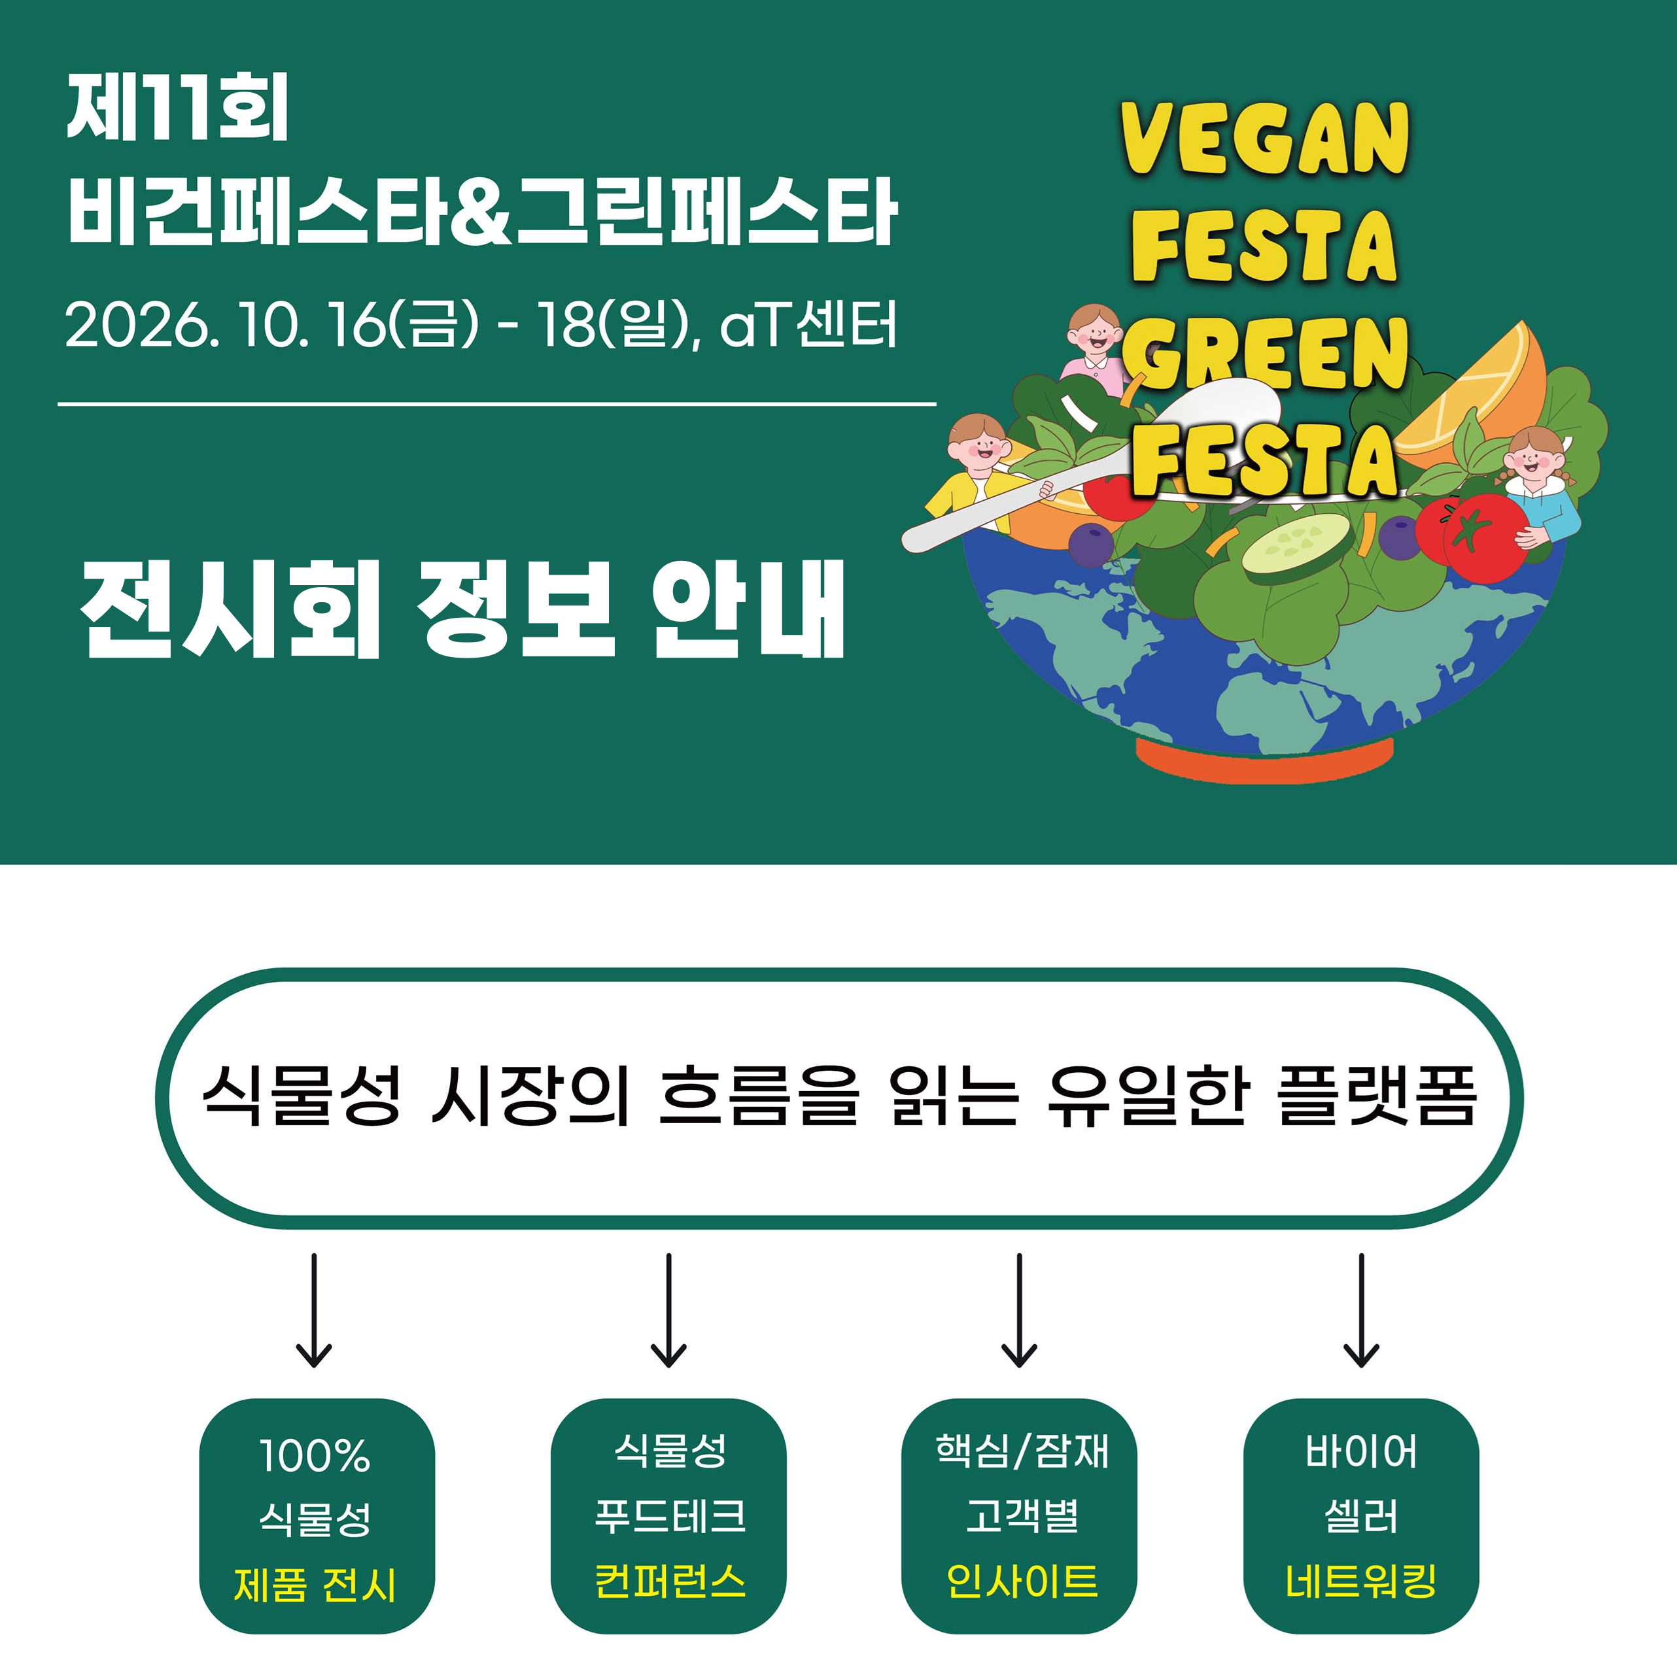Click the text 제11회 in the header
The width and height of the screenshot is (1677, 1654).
(x=177, y=108)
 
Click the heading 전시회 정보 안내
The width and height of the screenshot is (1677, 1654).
(x=462, y=608)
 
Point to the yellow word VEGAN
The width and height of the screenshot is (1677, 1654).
(x=1264, y=138)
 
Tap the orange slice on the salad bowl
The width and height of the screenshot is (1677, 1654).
(x=1471, y=390)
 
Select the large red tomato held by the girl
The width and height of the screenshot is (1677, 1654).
(x=1485, y=536)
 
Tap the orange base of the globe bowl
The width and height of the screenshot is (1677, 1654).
(x=1264, y=758)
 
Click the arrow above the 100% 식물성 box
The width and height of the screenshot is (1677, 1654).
(x=313, y=1309)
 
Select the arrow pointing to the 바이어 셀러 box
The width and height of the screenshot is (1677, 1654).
(x=1360, y=1309)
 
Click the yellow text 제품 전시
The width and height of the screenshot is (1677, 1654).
(x=314, y=1585)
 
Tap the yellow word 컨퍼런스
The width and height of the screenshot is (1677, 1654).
(x=669, y=1579)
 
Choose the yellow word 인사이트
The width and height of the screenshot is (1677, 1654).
(x=1022, y=1579)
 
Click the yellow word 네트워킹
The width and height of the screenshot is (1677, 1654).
(x=1360, y=1579)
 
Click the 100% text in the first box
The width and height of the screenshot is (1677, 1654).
(x=314, y=1455)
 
